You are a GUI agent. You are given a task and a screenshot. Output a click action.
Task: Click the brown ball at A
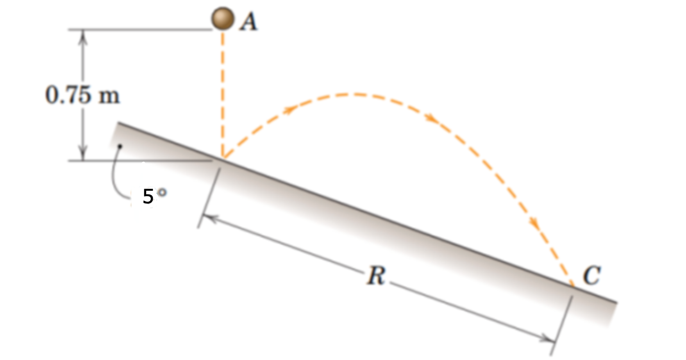point(223,18)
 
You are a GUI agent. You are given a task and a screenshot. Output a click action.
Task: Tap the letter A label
point(249,21)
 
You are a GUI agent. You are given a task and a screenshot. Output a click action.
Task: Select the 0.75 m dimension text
point(82,96)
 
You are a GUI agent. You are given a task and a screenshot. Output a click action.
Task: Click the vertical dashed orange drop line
point(223,94)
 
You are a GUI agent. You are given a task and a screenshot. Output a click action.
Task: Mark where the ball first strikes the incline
point(223,158)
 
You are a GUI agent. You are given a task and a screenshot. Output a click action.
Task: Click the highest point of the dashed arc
point(348,95)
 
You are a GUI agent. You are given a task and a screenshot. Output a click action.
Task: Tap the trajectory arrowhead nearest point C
point(534,224)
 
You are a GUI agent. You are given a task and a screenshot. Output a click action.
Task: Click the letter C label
point(591,275)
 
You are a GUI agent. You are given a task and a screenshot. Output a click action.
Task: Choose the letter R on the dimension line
point(376,276)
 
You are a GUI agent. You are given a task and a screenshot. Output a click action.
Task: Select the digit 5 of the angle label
point(148,197)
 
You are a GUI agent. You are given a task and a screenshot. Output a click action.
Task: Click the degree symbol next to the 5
point(161,192)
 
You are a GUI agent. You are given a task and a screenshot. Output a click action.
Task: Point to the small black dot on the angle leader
point(120,146)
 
